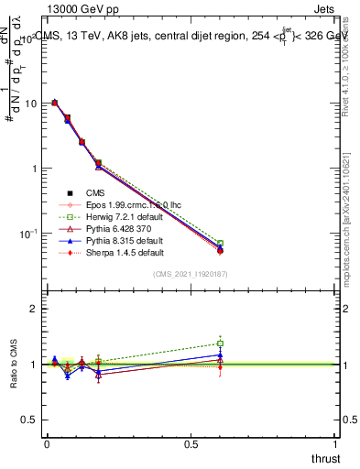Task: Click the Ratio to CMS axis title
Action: (14, 365)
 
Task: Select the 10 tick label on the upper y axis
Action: (29, 104)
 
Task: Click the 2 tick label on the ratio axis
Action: (32, 310)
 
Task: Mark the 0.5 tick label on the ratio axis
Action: (28, 420)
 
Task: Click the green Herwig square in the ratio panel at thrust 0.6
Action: (220, 344)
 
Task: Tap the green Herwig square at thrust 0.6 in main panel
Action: (220, 244)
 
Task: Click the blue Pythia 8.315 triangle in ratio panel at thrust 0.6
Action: (220, 354)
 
